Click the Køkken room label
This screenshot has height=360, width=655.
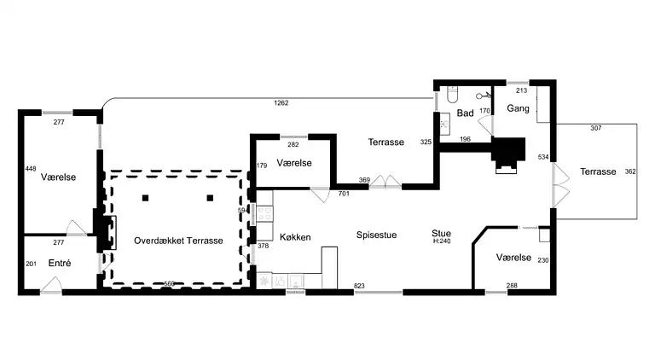click(x=295, y=237)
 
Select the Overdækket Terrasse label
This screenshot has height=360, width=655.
click(x=178, y=241)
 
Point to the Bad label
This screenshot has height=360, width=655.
click(x=465, y=113)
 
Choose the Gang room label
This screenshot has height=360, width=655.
click(x=518, y=108)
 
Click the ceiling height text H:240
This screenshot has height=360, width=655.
click(x=442, y=241)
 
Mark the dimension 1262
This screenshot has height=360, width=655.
click(x=281, y=103)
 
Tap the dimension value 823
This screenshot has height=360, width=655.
click(x=359, y=286)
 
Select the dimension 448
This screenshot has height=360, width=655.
click(x=31, y=169)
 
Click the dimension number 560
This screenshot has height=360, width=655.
click(x=169, y=284)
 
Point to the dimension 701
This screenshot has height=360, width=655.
click(x=345, y=194)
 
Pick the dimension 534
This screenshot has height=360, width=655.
click(x=543, y=157)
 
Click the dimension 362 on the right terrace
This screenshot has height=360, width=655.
click(x=630, y=171)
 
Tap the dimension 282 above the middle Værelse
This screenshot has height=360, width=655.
click(x=293, y=145)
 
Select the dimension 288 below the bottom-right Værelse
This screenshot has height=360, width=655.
click(x=512, y=286)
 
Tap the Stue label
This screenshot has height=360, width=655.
click(x=441, y=233)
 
